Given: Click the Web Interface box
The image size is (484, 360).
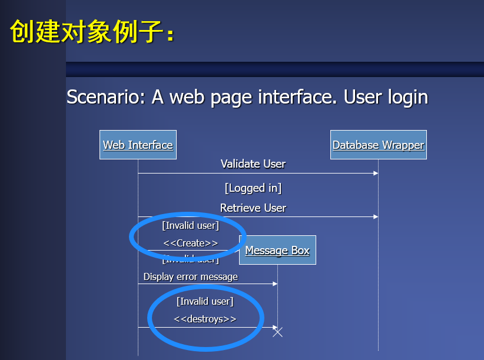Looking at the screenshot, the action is pos(138,145).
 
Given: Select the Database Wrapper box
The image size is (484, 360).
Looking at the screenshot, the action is pos(378,145).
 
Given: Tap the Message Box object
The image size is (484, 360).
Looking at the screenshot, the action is pos(277,250).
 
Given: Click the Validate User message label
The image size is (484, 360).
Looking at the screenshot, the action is pos(253,164).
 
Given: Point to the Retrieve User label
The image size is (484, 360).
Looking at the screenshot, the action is pos(253,208).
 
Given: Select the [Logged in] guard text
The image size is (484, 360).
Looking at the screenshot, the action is pos(253,188).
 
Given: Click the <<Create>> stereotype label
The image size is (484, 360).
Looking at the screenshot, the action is pos(190,243).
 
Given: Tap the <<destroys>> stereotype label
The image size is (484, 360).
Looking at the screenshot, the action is pos(205,319).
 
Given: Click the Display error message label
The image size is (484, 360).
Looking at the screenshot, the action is pos(191,276).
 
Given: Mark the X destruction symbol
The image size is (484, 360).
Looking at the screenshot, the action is pos(278,332).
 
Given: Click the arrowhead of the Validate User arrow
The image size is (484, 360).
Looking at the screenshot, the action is pos(375,173).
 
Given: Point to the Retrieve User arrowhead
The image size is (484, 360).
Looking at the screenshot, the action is pos(375,216).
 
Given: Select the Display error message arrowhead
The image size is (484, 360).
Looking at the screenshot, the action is pos(274,284).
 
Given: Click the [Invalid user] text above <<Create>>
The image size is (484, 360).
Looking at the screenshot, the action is pos(190,225).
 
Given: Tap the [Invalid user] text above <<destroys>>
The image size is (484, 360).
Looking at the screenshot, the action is pos(205,302).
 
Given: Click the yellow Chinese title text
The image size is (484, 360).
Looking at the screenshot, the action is pos(92,32).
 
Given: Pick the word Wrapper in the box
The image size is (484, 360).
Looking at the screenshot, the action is pos(403,145).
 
